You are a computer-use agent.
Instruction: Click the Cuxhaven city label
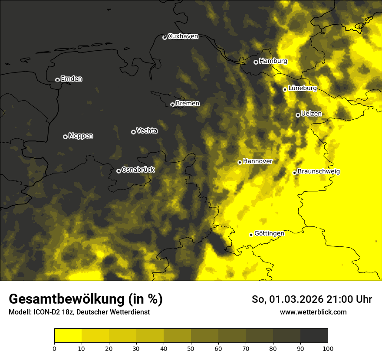(183, 36)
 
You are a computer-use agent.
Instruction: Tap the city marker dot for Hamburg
(256, 62)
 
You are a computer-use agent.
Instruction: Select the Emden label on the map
(72, 79)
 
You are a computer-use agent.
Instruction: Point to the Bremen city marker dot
(172, 105)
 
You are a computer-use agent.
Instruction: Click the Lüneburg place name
(303, 88)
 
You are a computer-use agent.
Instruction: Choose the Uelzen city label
(311, 114)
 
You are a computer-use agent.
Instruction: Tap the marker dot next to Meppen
(65, 137)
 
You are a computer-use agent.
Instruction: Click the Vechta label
(147, 131)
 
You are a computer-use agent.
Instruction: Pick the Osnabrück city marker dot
(119, 171)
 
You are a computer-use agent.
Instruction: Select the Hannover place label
(258, 161)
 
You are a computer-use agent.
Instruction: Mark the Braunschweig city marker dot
(294, 173)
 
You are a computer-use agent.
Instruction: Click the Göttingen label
(269, 233)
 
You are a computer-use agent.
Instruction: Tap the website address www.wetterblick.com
(313, 312)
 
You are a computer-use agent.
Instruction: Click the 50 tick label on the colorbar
(191, 348)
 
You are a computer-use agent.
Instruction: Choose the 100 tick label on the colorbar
(328, 348)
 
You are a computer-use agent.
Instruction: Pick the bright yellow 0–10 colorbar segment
(68, 335)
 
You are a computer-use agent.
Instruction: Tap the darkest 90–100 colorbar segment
(314, 335)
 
